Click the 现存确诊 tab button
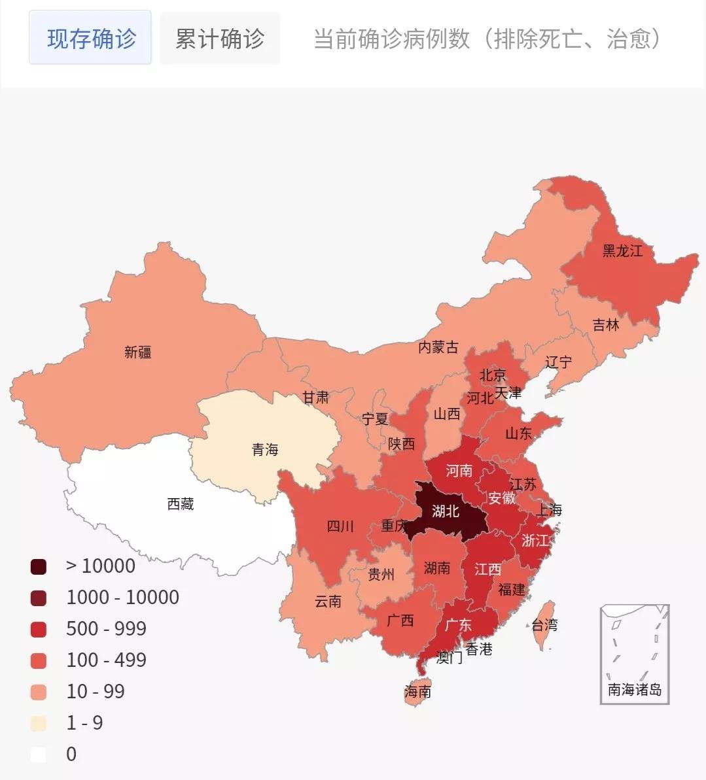pos(90,39)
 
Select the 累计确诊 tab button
pos(220,39)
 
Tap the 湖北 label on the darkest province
pos(446,511)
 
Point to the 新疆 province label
pos(138,352)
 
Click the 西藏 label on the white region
pos(181,504)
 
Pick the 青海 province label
pos(265,450)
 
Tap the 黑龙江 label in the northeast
pos(622,251)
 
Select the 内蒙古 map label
pos(438,347)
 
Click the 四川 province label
pos(340,526)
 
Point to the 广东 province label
pos(458,625)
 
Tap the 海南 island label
pos(417,691)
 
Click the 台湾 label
pos(544,625)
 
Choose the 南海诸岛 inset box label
pos(635,689)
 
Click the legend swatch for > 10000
pos(39,566)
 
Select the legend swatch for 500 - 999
pos(39,629)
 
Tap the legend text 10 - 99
pos(96,692)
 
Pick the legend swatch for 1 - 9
pos(39,723)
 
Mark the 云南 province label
pos(328,602)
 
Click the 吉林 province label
pos(605,325)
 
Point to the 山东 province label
pos(518,433)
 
